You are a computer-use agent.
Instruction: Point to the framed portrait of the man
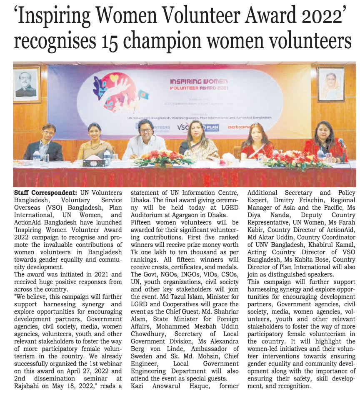[x=26, y=84]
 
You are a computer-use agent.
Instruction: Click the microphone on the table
[x=342, y=144]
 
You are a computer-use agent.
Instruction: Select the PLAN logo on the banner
[x=210, y=128]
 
